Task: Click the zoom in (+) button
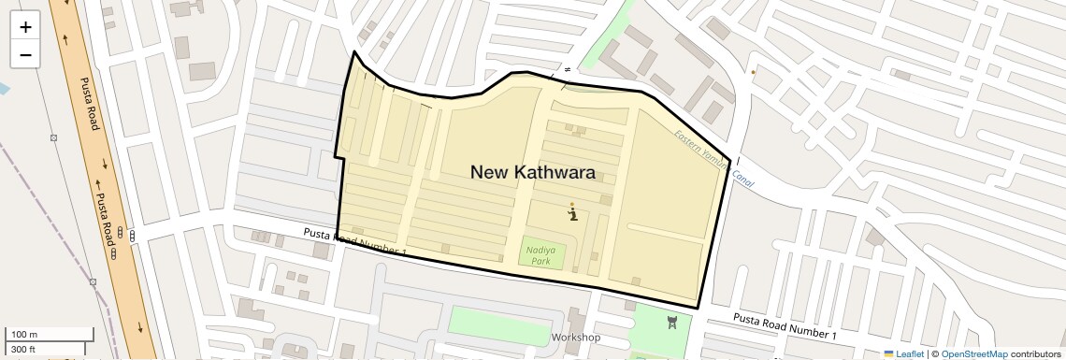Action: tap(25, 27)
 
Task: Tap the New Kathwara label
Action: tap(532, 172)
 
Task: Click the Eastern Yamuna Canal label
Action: tap(714, 157)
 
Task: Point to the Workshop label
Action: tap(576, 337)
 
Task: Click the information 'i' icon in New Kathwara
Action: tap(572, 213)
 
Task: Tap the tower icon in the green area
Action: tap(671, 324)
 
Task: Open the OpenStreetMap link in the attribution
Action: tap(973, 354)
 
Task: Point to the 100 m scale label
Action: tap(24, 335)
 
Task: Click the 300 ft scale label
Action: tap(23, 350)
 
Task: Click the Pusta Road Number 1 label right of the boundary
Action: tap(785, 326)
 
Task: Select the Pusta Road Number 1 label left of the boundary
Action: tap(354, 241)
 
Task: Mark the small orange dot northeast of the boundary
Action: tap(754, 71)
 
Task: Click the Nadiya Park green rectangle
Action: tap(542, 253)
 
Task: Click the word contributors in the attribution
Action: tap(1037, 354)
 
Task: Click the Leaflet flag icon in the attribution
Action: tap(889, 354)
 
